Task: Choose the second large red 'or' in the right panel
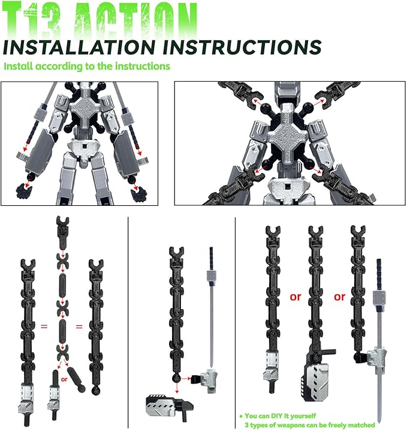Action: click(340, 297)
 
